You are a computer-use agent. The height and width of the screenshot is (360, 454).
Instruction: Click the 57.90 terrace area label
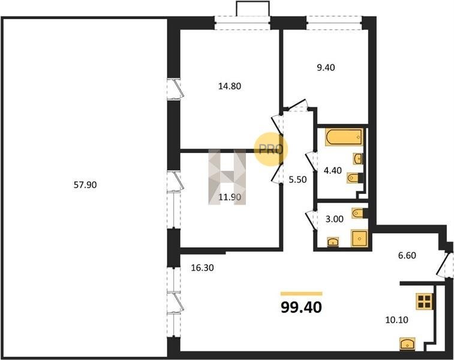(x=85, y=185)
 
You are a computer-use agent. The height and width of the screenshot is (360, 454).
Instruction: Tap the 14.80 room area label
(x=230, y=86)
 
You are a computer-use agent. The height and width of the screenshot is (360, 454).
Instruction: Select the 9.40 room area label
(x=326, y=67)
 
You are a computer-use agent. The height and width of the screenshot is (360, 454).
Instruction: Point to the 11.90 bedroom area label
(x=230, y=197)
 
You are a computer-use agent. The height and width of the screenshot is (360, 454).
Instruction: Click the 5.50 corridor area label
(x=297, y=179)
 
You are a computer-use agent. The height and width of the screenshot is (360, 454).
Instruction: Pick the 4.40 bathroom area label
(x=333, y=170)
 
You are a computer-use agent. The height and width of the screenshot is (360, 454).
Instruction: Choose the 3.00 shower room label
(x=335, y=219)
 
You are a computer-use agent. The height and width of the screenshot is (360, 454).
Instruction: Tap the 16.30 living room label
(x=202, y=268)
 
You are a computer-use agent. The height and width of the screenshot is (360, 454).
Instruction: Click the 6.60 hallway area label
(x=407, y=255)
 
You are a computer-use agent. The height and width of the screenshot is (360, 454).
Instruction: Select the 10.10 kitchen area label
(x=396, y=320)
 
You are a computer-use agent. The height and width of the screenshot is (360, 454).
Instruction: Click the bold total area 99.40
(x=301, y=307)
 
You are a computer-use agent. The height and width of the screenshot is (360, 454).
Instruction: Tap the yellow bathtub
(x=344, y=137)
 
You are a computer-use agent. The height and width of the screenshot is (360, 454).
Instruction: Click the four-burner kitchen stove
(x=425, y=301)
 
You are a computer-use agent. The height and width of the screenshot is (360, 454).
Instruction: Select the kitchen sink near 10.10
(x=407, y=344)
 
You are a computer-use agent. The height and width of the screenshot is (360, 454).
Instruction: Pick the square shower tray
(x=359, y=238)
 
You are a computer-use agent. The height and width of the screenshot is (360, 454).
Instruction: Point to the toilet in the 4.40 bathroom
(x=354, y=178)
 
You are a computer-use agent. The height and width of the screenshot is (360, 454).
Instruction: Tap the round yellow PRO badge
(x=270, y=149)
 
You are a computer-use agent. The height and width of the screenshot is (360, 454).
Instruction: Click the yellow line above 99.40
(x=302, y=293)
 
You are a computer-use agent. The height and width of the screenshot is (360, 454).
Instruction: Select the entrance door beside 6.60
(x=444, y=265)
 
